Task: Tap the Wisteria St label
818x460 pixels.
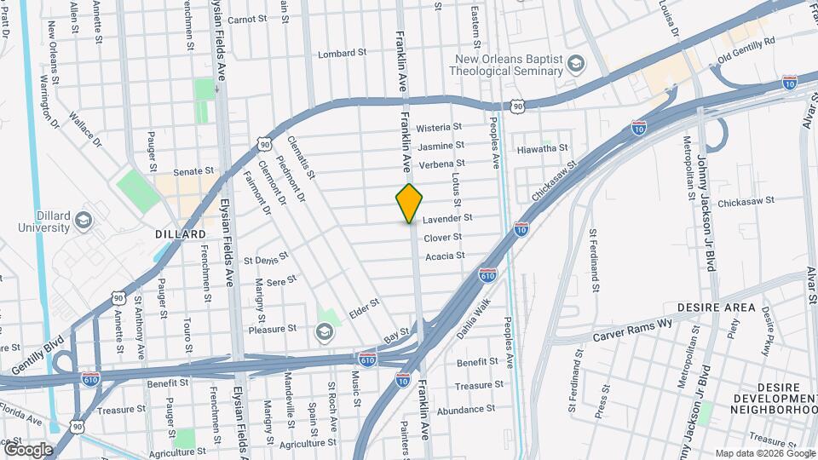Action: pyautogui.click(x=440, y=127)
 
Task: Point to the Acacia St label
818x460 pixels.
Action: pyautogui.click(x=445, y=256)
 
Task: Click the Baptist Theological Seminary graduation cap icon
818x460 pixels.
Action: pyautogui.click(x=577, y=65)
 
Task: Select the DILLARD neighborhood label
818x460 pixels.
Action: pyautogui.click(x=181, y=233)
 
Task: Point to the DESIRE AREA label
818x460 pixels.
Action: pyautogui.click(x=716, y=307)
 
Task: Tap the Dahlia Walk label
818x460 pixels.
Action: pyautogui.click(x=474, y=319)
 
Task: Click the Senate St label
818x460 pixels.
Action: pyautogui.click(x=193, y=171)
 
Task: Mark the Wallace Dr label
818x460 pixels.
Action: pyautogui.click(x=85, y=129)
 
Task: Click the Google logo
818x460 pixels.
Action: pyautogui.click(x=27, y=449)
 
